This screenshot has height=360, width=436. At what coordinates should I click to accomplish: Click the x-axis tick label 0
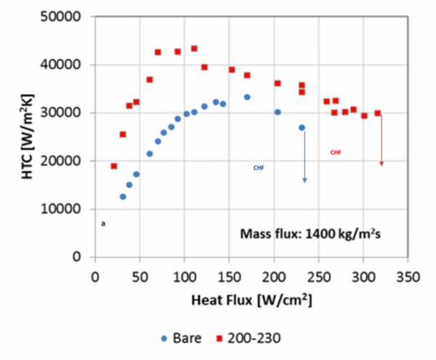click(94, 277)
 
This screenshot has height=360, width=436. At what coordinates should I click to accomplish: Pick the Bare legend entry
click(189, 338)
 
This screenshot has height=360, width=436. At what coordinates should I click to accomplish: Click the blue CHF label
click(259, 167)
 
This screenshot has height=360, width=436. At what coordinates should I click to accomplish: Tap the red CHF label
click(335, 153)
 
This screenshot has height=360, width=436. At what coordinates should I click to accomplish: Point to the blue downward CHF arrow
click(304, 156)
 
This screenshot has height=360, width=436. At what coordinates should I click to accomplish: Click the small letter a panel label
click(104, 224)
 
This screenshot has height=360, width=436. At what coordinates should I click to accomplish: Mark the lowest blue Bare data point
click(123, 196)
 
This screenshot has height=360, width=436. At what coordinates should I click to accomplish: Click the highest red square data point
click(194, 49)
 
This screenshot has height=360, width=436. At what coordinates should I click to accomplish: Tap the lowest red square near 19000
click(114, 166)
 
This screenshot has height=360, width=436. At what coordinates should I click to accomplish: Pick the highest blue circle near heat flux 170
click(247, 97)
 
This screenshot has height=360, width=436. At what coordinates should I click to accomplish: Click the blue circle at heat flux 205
click(278, 112)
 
